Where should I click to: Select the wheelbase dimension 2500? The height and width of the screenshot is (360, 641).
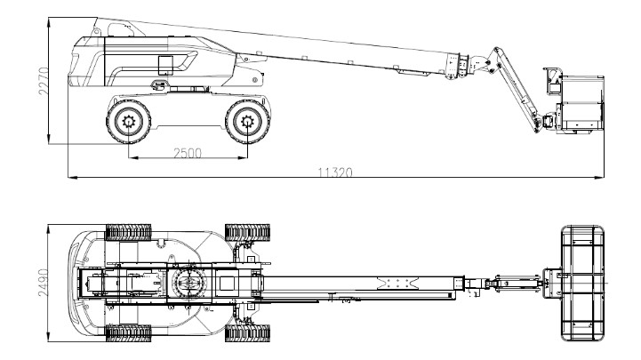[x=186, y=154]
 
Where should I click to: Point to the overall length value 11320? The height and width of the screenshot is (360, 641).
[x=334, y=172]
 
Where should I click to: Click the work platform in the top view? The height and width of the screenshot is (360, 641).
[x=584, y=283]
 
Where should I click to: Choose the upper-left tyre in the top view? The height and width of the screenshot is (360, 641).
[x=128, y=233]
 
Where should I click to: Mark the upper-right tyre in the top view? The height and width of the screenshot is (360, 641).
[x=245, y=233]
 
